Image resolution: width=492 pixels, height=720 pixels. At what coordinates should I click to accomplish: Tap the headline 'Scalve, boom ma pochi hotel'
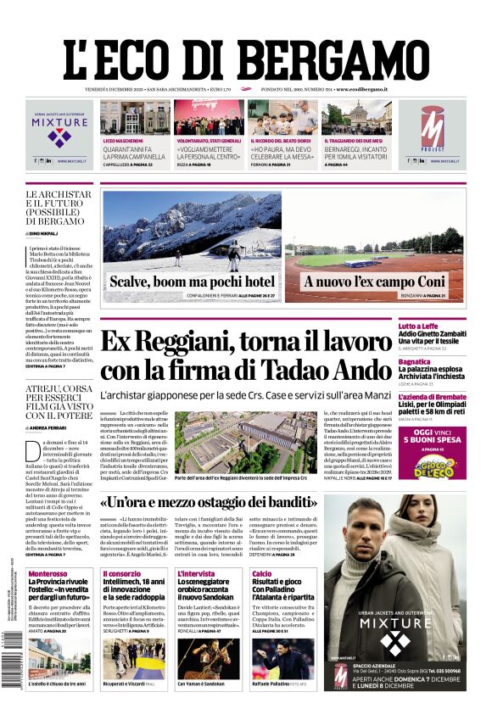[x=192, y=282]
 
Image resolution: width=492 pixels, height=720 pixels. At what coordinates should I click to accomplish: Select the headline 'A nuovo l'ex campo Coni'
[x=374, y=282]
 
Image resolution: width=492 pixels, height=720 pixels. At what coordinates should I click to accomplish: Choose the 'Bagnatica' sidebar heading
[x=438, y=361]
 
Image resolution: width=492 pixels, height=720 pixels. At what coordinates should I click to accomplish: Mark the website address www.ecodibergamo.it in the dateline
[x=361, y=89]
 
